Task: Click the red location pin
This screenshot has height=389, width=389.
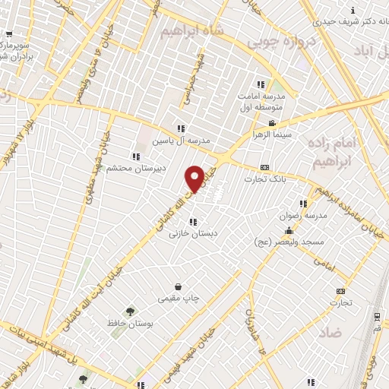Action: pos(194,177)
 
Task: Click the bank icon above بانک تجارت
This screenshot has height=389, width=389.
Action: pos(264,168)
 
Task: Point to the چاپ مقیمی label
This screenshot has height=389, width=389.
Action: pos(179,298)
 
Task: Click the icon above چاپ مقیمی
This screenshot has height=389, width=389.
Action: pos(179,286)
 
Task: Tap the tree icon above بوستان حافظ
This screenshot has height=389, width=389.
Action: pos(130,312)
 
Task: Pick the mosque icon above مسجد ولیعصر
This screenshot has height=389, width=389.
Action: pos(288,230)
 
